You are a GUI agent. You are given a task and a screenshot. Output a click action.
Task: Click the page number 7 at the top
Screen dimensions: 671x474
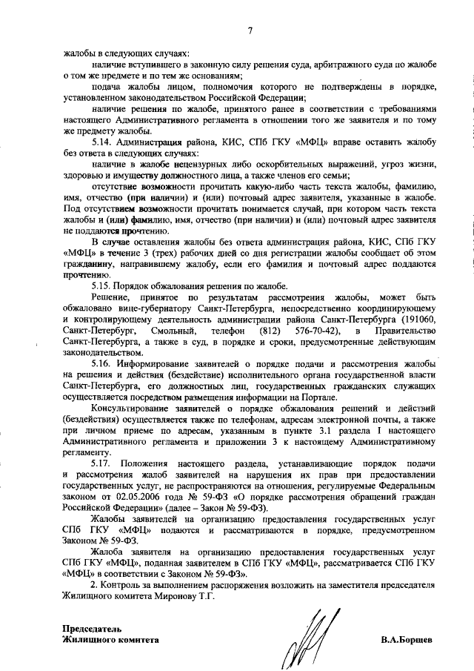point(250,30)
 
